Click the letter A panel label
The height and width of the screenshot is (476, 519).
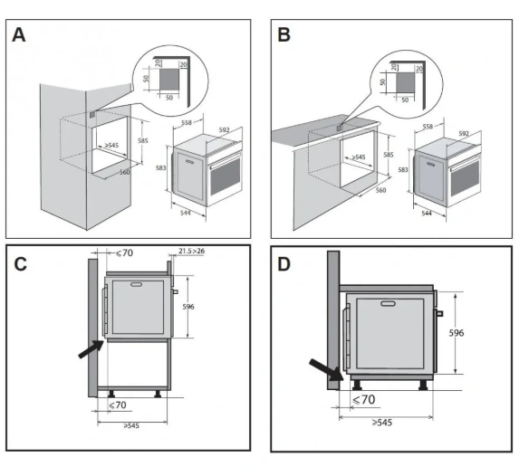19,34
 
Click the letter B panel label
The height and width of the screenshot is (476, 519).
284,34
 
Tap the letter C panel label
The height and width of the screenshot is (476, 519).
21,264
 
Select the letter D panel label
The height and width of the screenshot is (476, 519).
284,264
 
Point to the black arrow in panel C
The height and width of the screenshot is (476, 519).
91,349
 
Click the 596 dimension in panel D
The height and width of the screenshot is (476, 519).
457,333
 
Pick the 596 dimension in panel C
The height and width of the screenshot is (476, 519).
188,307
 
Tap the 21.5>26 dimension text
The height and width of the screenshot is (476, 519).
192,251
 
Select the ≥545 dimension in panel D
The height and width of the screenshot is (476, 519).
382,423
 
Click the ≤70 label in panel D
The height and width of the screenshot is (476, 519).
364,400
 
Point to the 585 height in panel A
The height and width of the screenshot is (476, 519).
143,141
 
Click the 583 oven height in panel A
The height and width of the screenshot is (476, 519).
161,168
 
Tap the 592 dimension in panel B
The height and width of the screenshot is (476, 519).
464,134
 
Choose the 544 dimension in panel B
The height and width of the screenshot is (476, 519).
427,214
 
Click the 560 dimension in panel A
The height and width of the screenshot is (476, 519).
124,172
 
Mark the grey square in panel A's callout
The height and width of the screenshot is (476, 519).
169,80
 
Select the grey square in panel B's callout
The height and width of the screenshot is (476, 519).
406,83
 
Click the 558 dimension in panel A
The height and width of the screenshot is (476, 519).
187,123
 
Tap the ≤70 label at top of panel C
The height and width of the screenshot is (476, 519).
124,253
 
